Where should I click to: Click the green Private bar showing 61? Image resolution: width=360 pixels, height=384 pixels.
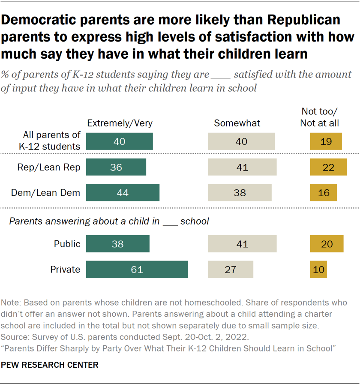(x=137, y=270)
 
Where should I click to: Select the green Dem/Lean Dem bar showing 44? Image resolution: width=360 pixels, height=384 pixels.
(x=123, y=192)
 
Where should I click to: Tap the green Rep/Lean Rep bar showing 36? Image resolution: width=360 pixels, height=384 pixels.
(x=116, y=167)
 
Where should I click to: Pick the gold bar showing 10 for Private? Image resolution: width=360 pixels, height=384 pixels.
(x=318, y=270)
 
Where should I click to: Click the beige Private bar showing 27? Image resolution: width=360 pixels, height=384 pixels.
(x=231, y=270)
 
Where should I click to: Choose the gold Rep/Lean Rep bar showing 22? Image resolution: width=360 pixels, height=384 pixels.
(x=328, y=167)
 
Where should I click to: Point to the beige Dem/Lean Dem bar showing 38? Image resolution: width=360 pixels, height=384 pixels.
(x=240, y=192)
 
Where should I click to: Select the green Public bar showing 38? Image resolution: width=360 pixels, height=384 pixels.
(x=117, y=244)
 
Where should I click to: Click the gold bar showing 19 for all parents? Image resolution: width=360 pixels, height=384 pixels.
(x=326, y=141)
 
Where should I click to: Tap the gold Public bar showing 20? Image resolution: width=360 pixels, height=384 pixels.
(x=327, y=244)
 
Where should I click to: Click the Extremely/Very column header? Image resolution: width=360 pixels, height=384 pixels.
(x=120, y=123)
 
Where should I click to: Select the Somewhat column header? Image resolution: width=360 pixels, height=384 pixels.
(x=237, y=123)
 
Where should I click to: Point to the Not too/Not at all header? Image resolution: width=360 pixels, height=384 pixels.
(x=320, y=117)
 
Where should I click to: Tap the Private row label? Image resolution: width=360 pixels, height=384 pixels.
(x=65, y=270)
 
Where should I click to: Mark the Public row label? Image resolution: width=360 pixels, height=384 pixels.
(x=67, y=244)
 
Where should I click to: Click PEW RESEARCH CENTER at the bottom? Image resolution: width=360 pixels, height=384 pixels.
(x=50, y=365)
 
